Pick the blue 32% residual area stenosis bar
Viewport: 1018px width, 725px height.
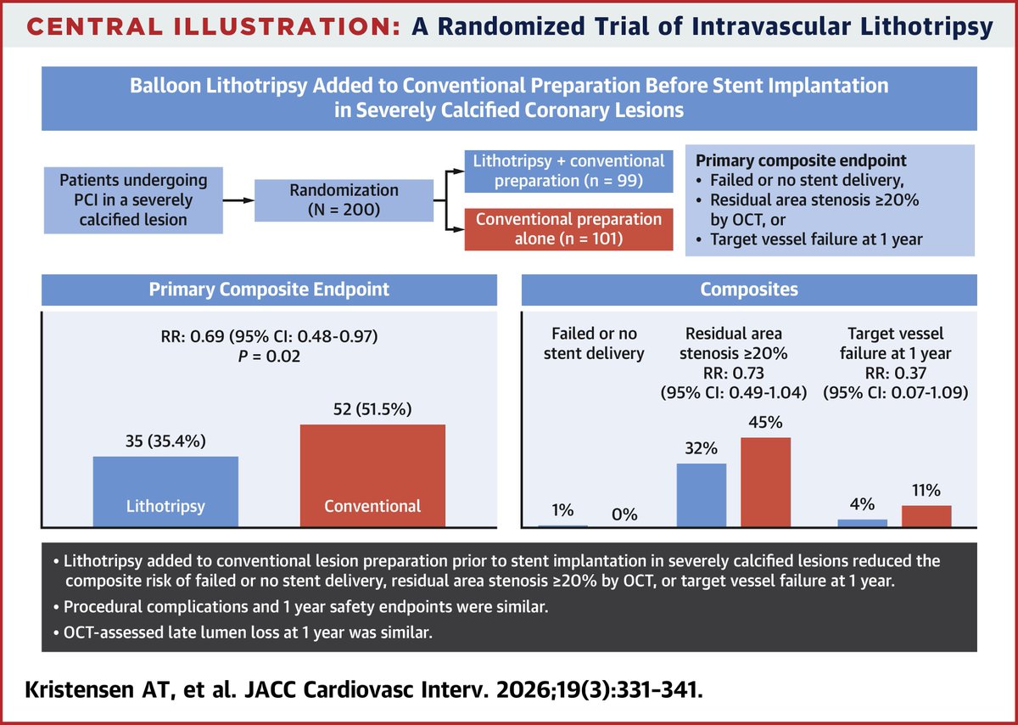point(701,496)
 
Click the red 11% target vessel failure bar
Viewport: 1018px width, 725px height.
point(926,516)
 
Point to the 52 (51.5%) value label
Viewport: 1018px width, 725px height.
point(372,408)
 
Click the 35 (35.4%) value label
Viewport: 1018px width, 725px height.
point(165,441)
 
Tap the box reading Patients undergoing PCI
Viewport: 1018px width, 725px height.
point(120,200)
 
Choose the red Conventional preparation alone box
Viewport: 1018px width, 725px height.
point(569,228)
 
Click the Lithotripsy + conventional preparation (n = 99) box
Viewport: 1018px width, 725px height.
point(569,170)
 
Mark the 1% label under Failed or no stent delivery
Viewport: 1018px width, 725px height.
point(563,510)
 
